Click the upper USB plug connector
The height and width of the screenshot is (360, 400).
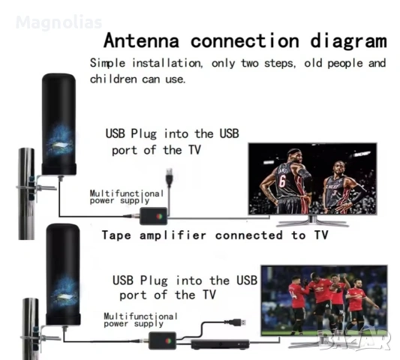coord(172,179)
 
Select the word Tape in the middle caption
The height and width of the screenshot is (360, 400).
coord(118,235)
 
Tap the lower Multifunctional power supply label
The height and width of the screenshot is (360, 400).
coord(134,319)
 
